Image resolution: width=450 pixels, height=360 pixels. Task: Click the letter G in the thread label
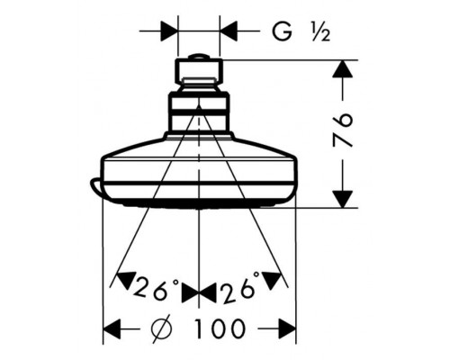click(x=282, y=31)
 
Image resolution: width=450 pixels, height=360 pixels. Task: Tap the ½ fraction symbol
click(x=320, y=32)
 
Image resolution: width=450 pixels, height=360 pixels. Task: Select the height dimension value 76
click(x=342, y=130)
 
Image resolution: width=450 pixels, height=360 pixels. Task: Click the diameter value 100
click(x=220, y=328)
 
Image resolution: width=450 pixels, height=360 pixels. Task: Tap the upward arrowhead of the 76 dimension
click(x=342, y=69)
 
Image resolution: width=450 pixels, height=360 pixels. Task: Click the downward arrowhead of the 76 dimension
click(x=342, y=199)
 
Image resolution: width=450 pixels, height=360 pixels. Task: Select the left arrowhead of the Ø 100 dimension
click(x=112, y=328)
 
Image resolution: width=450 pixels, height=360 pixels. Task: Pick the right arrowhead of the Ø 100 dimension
click(x=287, y=328)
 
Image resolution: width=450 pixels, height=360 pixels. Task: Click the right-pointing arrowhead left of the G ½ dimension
click(x=170, y=31)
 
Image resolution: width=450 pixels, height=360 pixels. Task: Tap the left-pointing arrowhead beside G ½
click(x=229, y=31)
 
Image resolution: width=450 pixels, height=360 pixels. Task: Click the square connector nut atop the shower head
click(x=199, y=71)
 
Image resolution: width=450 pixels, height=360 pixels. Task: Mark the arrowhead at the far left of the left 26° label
click(x=125, y=281)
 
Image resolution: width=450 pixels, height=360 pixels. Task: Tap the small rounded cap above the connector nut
click(x=199, y=57)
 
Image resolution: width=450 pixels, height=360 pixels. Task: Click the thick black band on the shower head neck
click(x=198, y=112)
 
